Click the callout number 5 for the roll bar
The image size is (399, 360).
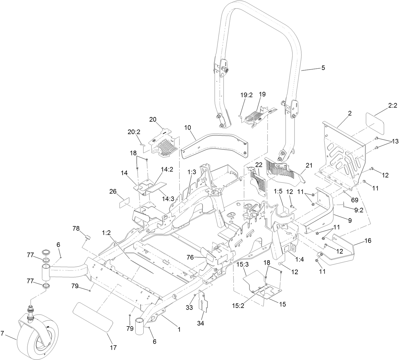323,68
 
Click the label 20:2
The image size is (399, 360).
134,132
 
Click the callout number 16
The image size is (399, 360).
368,240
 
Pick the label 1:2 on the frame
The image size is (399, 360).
106,233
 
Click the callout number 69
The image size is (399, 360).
354,200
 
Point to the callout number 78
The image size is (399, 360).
76,229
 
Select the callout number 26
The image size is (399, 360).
113,191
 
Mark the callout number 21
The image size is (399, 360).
309,165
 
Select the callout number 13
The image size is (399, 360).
395,141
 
